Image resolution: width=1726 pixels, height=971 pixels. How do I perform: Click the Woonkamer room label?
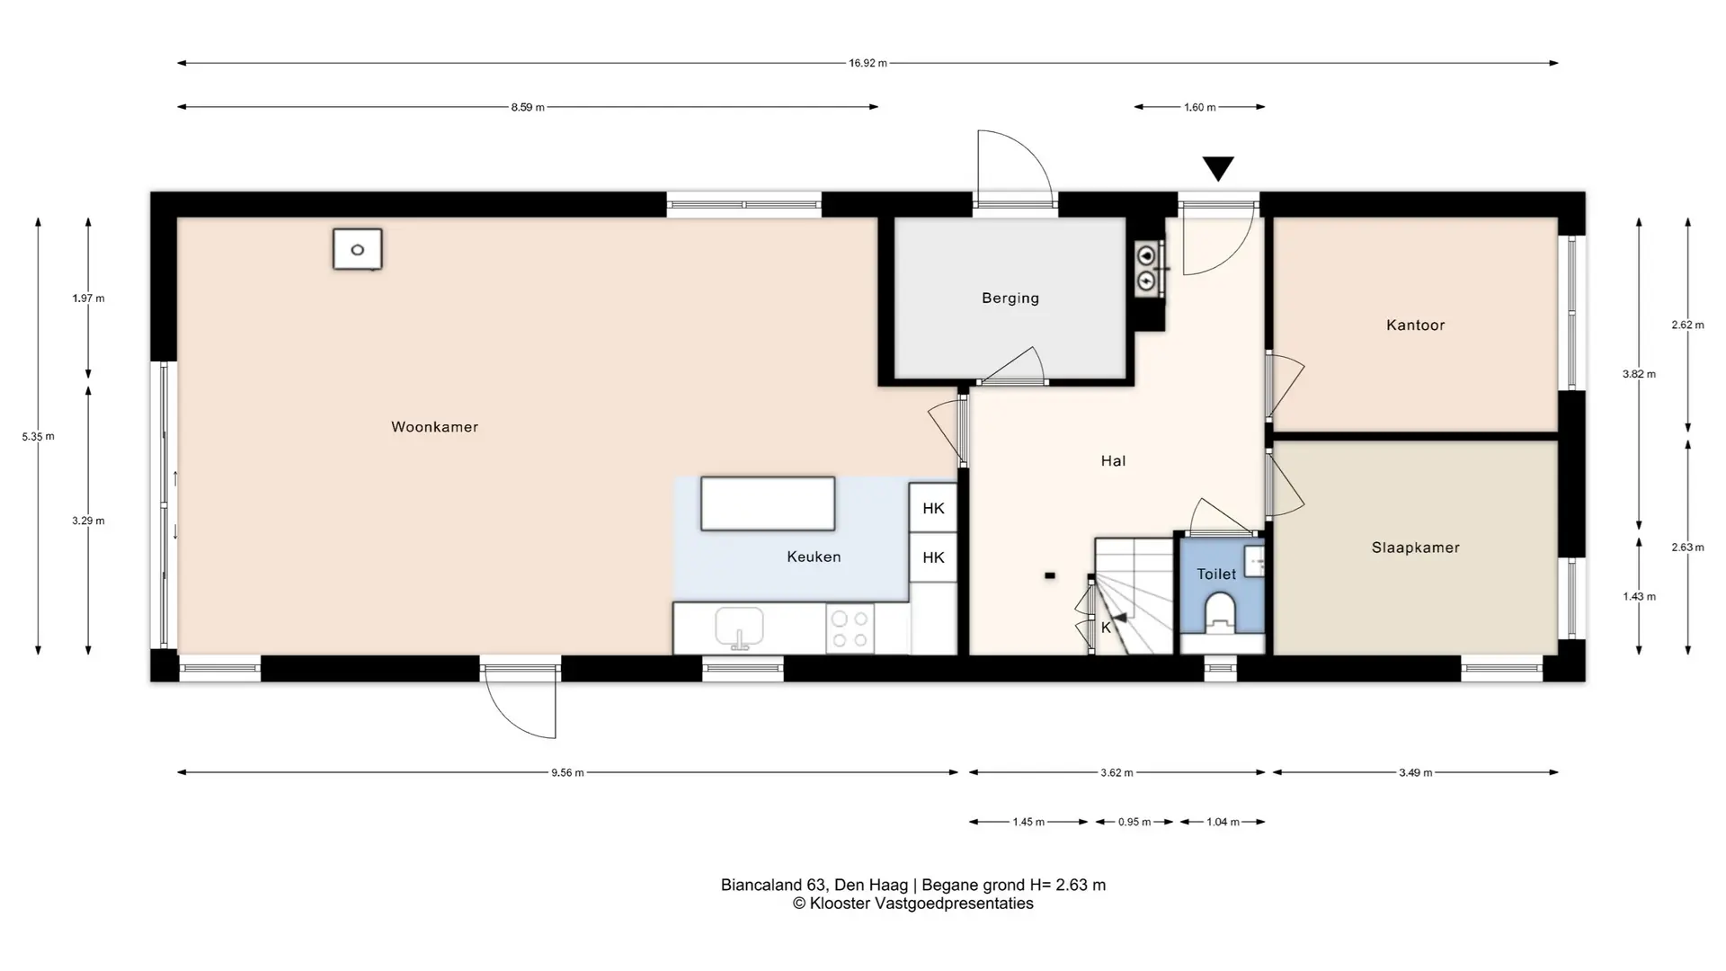(x=434, y=427)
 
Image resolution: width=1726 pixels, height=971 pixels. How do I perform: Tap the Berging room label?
(x=1010, y=298)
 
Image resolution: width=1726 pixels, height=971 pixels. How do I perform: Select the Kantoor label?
(x=1416, y=325)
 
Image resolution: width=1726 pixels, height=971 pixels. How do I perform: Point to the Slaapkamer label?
(x=1416, y=548)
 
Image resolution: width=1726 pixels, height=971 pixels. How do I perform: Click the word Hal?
(x=1113, y=461)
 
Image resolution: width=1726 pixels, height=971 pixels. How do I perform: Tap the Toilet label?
(x=1216, y=574)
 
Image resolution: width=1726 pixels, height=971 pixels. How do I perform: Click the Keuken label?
(x=814, y=557)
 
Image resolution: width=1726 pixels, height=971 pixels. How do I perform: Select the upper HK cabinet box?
(x=933, y=508)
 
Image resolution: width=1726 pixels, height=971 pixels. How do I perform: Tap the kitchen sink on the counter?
(x=739, y=628)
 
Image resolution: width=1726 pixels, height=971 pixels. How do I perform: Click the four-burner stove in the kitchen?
(x=850, y=628)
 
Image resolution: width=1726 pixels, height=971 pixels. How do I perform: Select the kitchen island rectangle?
(x=768, y=503)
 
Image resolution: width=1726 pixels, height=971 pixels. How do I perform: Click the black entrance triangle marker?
(x=1218, y=168)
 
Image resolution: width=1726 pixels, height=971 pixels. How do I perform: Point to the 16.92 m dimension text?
(x=867, y=63)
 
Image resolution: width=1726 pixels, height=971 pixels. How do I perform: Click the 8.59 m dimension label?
(x=528, y=107)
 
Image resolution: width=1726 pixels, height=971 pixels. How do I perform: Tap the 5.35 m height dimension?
(x=38, y=437)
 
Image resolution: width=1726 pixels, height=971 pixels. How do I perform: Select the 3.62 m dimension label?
(x=1117, y=772)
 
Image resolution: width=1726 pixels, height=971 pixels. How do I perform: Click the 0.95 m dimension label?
(x=1134, y=822)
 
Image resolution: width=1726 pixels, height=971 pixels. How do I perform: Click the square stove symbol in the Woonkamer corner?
(x=358, y=249)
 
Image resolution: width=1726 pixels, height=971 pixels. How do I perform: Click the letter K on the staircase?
(x=1106, y=628)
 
